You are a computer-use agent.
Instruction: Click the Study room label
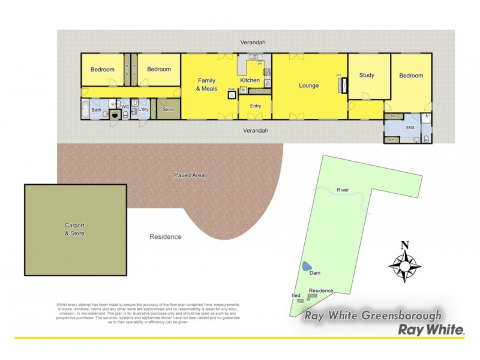pos(367,76)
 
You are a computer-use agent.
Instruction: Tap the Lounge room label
pos(309,86)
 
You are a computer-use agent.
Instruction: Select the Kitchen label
pos(250,80)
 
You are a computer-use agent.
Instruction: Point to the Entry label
pos(256,106)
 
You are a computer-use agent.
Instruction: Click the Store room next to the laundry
pos(168,110)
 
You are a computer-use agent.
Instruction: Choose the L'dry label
pos(143,109)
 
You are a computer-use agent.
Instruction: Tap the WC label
pos(125,107)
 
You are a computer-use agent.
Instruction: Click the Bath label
pos(97,110)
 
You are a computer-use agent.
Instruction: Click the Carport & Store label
pos(75,229)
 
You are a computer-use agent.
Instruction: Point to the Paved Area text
pos(190,175)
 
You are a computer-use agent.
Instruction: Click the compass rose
pos(405,265)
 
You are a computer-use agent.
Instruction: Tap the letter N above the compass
pos(405,245)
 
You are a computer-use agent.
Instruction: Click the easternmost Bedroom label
pos(411,76)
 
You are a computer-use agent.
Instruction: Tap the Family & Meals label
pos(207,85)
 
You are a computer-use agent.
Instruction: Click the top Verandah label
pos(253,43)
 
